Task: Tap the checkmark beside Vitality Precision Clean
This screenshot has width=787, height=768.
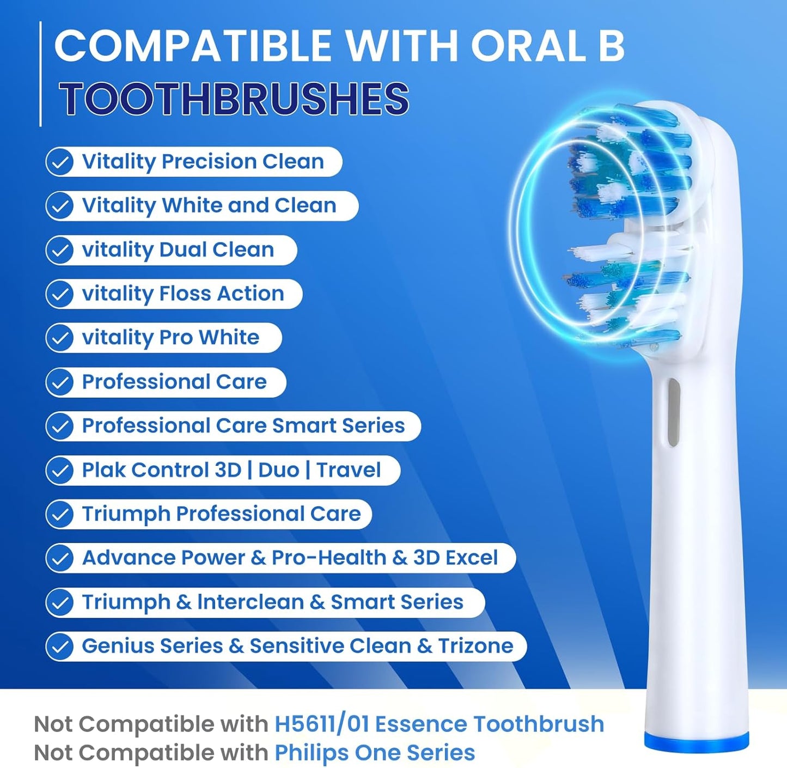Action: tap(59, 162)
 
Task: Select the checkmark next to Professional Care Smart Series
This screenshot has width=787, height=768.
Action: tap(59, 426)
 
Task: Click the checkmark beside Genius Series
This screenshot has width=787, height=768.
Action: tap(59, 647)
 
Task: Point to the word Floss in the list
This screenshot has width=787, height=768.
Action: tap(185, 294)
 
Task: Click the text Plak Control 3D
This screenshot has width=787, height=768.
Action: tap(161, 470)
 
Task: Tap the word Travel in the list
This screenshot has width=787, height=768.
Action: tap(349, 470)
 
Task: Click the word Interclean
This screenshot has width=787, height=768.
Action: tap(251, 602)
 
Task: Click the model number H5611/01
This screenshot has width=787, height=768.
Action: tap(322, 723)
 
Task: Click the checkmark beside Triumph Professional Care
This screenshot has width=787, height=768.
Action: tap(59, 514)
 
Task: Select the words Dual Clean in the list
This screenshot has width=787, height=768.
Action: tap(217, 250)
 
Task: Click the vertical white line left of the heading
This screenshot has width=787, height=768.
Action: tap(40, 74)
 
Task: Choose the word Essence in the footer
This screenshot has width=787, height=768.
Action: tap(421, 723)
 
